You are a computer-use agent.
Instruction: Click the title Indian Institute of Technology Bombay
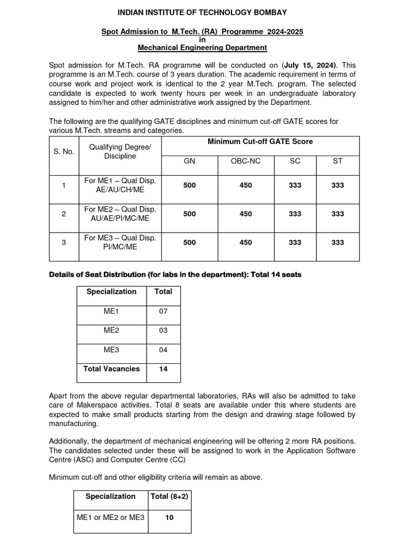pyautogui.click(x=202, y=12)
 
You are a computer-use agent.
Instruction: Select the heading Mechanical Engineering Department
pyautogui.click(x=202, y=48)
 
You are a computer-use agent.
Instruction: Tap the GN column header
pyautogui.click(x=189, y=161)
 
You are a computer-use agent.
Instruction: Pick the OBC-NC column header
pyautogui.click(x=246, y=161)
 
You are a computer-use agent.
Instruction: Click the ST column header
pyautogui.click(x=337, y=161)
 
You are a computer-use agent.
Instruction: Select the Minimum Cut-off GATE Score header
pyautogui.click(x=260, y=142)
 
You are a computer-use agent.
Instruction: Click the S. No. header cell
pyautogui.click(x=64, y=151)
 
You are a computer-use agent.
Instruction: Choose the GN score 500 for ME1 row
pyautogui.click(x=189, y=186)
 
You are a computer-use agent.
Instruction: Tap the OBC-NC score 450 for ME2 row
pyautogui.click(x=246, y=214)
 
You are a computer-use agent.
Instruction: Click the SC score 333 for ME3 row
pyautogui.click(x=295, y=243)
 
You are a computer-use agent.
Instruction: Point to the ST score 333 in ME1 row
pyautogui.click(x=337, y=186)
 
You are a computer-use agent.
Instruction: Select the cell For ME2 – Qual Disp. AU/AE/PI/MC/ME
pyautogui.click(x=120, y=214)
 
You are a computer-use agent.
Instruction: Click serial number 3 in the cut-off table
pyautogui.click(x=64, y=243)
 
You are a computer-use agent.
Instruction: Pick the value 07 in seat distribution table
pyautogui.click(x=163, y=311)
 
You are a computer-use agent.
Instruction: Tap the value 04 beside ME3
pyautogui.click(x=163, y=350)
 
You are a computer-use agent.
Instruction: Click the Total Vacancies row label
pyautogui.click(x=112, y=369)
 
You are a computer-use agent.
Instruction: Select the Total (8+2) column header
pyautogui.click(x=169, y=497)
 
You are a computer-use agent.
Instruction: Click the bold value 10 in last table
pyautogui.click(x=169, y=518)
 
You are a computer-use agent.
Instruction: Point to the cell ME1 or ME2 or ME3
pyautogui.click(x=111, y=518)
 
